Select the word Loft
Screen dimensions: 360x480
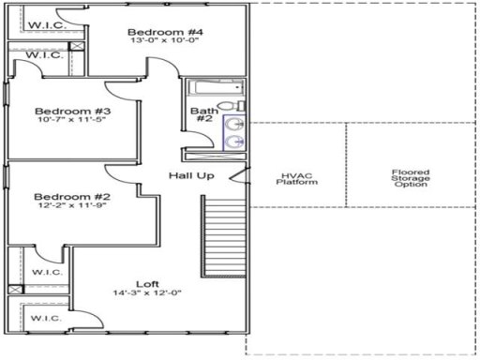147,283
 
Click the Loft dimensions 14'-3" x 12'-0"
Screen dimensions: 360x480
147,293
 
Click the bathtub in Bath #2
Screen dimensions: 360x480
215,89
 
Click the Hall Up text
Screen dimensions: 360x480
192,175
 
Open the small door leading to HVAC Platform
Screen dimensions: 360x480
245,177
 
